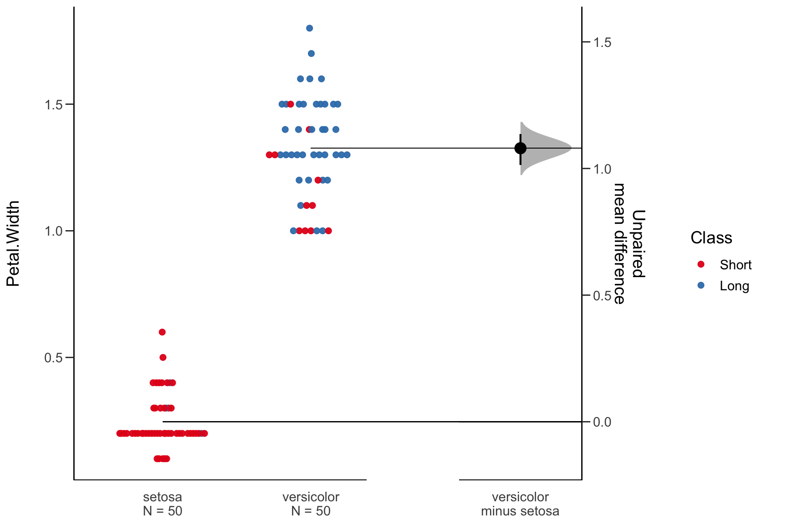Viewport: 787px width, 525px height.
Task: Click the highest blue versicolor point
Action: [309, 28]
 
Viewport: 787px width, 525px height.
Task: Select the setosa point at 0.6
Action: [162, 332]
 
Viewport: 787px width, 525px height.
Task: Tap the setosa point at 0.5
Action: [163, 357]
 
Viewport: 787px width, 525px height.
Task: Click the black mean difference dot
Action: [521, 148]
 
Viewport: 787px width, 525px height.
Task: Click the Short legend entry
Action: [735, 265]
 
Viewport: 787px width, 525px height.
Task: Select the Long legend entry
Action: [734, 286]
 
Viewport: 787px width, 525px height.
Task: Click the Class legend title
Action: [711, 238]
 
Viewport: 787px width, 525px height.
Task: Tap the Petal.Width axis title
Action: [13, 243]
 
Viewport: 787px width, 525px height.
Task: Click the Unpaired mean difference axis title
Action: [629, 244]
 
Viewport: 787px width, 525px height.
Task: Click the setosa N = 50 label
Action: [163, 504]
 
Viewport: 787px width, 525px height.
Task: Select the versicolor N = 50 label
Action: [311, 504]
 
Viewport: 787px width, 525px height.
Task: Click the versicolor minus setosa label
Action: [520, 504]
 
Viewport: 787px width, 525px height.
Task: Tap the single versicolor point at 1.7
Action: [311, 53]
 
